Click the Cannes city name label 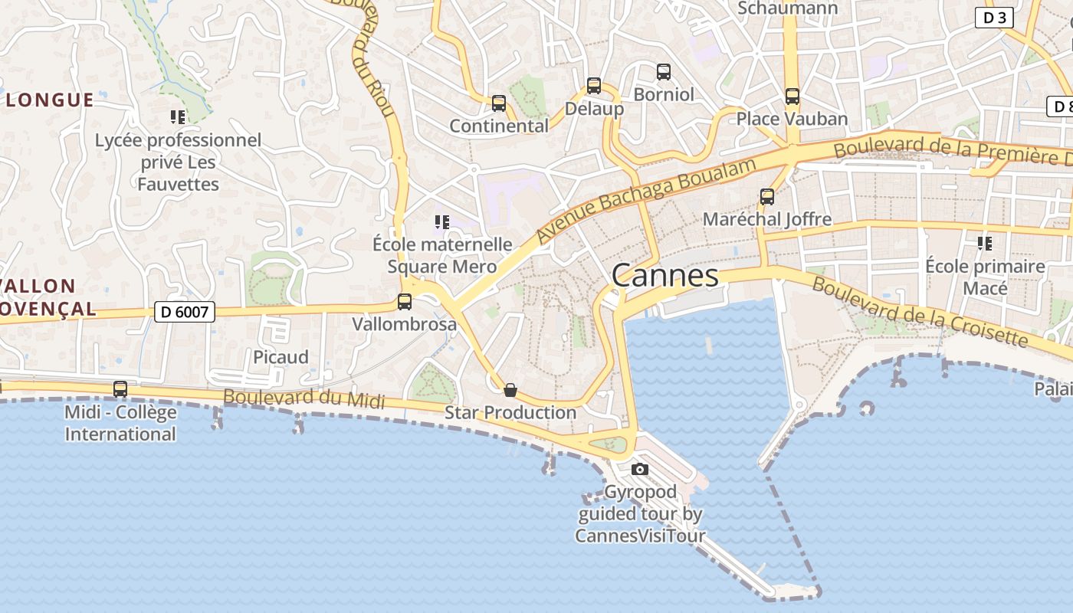pos(665,276)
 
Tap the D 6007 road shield pos(184,312)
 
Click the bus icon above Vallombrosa pos(405,302)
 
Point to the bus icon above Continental pos(499,103)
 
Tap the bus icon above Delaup pos(594,86)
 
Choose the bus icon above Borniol pos(664,72)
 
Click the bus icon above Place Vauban pos(792,97)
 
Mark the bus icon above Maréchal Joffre pos(767,197)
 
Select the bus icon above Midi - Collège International pos(120,389)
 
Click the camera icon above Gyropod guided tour pos(640,469)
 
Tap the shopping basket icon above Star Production pos(510,391)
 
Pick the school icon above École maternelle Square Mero pos(441,222)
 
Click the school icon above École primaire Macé pos(985,244)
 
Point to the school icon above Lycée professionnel pos(178,117)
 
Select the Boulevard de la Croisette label pos(919,312)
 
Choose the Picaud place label pos(281,357)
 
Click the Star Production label pos(510,412)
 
